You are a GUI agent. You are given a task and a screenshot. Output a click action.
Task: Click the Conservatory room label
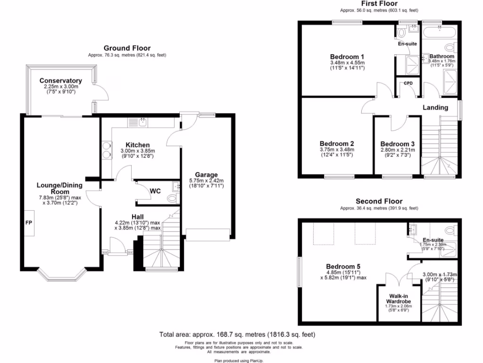pos(60,81)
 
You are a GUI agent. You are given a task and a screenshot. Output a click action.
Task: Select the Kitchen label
pos(137,145)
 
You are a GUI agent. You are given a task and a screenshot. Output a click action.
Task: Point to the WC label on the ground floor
pos(156,191)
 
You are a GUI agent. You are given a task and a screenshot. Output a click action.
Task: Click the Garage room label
pos(206,175)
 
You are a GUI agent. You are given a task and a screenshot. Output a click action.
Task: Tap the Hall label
pos(137,216)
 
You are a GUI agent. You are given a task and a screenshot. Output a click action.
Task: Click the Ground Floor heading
pos(127,48)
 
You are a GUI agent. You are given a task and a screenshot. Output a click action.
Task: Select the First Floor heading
pos(379,4)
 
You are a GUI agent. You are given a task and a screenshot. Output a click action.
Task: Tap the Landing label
pos(435,107)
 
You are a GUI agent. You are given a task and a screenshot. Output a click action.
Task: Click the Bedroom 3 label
pos(397,144)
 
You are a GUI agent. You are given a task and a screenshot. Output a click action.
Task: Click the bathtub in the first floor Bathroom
pos(438,34)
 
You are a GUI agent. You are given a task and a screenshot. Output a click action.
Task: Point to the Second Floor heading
pos(379,201)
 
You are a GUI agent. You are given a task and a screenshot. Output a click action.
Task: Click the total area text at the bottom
pos(237,335)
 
